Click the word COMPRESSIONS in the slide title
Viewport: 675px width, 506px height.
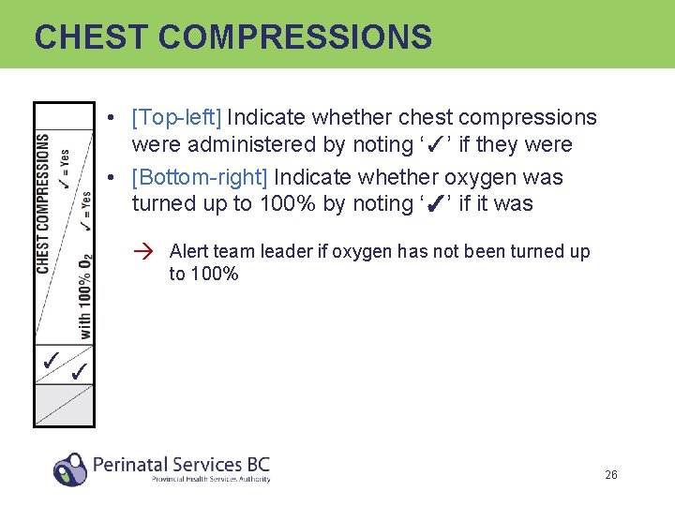click(295, 37)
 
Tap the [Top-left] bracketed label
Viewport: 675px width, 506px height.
click(176, 117)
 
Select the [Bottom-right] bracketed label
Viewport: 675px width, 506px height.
click(200, 177)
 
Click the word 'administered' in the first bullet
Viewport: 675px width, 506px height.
click(248, 144)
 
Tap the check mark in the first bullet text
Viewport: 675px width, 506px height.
click(434, 145)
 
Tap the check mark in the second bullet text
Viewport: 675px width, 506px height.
click(434, 204)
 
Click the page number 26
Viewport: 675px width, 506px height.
click(610, 475)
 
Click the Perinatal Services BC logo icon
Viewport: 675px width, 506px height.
click(70, 468)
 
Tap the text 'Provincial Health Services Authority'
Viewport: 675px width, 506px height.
click(211, 479)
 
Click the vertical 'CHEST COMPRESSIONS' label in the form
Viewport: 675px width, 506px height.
click(44, 204)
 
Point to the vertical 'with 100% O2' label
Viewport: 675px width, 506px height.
click(84, 295)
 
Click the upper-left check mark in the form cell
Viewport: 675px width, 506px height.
click(52, 359)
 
